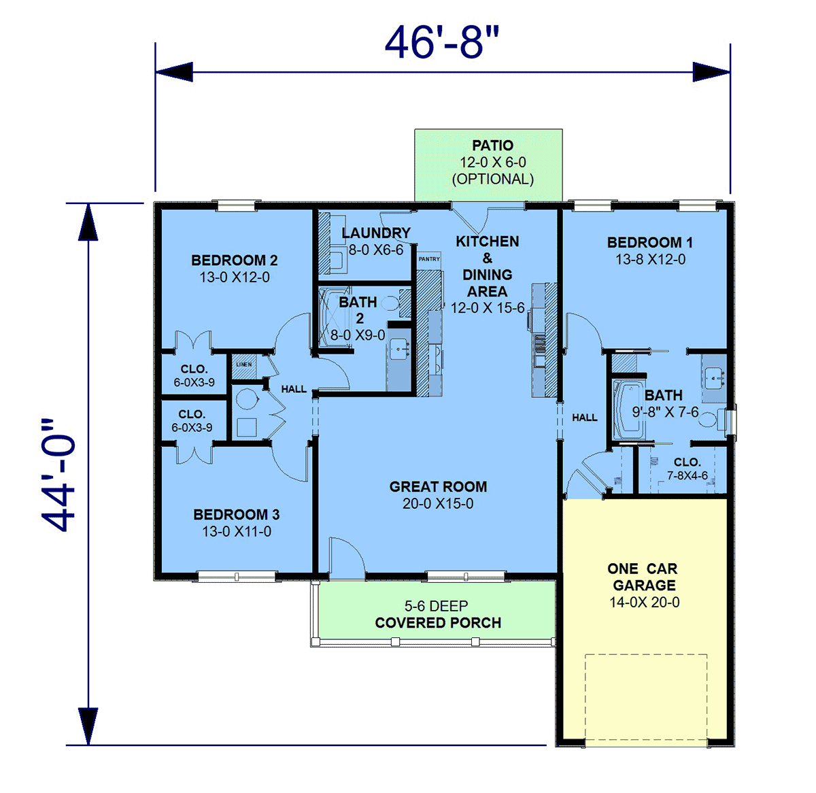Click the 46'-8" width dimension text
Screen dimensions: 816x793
point(443,42)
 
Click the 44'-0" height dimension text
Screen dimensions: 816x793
point(58,476)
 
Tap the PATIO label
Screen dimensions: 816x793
point(492,146)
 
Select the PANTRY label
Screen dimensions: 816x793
point(429,259)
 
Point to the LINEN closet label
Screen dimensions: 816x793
point(243,365)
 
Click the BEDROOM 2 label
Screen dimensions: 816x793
point(235,260)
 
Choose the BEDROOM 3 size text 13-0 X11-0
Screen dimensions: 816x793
point(237,532)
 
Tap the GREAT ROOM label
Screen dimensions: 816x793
point(438,487)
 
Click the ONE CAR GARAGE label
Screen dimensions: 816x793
point(643,577)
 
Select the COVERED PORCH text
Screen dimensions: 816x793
point(438,623)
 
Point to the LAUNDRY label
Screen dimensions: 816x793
point(376,233)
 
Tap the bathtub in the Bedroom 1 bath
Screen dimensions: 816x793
point(628,410)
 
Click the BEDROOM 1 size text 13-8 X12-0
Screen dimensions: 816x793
point(650,260)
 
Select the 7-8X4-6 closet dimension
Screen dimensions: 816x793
point(687,475)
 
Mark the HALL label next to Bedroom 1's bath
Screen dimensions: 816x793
point(585,418)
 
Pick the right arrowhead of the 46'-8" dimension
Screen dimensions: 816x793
point(711,72)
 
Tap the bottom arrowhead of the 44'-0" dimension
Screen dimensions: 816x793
point(88,726)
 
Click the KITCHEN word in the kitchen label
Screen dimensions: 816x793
point(488,241)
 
